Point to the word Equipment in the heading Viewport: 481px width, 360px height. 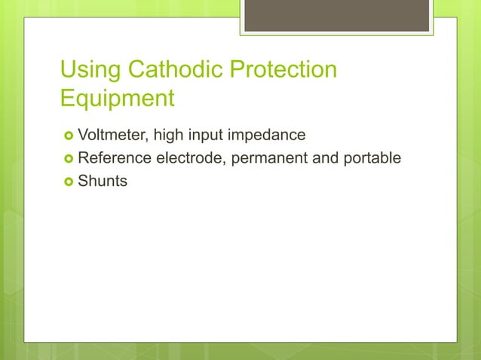(118, 99)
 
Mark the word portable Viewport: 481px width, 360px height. (374, 158)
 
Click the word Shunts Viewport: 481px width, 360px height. (103, 181)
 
